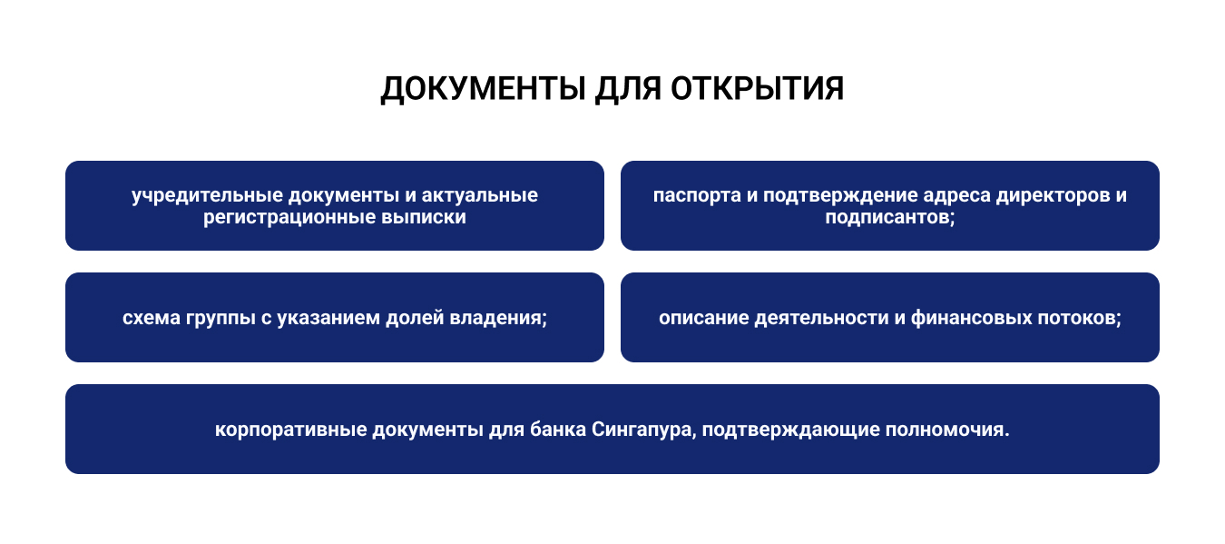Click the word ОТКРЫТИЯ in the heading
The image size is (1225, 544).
(x=757, y=89)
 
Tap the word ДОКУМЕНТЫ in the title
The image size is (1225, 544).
(x=484, y=89)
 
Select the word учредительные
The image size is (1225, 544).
(x=207, y=196)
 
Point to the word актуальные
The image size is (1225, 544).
(x=480, y=195)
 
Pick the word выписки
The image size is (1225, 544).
(x=423, y=217)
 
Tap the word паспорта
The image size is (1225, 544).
(x=697, y=196)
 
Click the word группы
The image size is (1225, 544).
(x=220, y=319)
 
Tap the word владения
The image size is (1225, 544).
(x=496, y=319)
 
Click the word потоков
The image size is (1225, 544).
(x=1077, y=319)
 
